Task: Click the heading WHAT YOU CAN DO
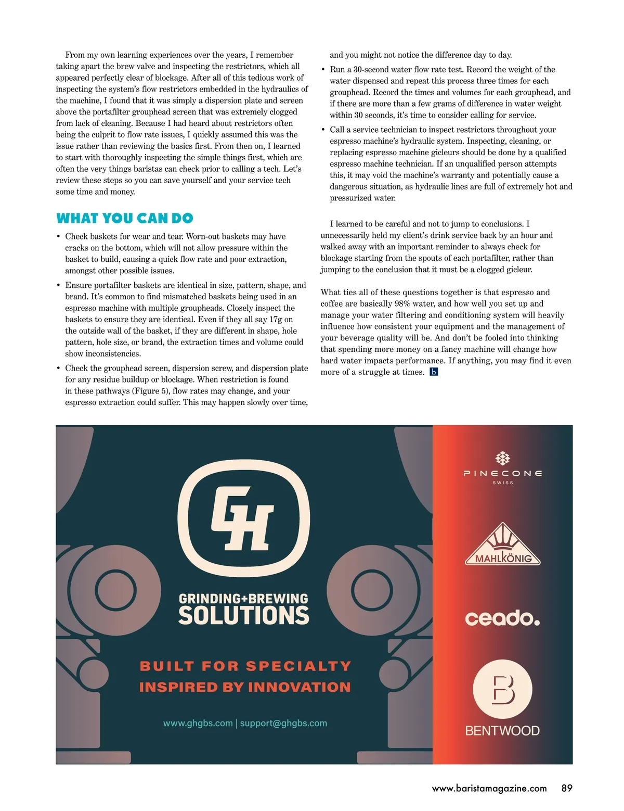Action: [125, 218]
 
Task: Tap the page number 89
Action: [567, 788]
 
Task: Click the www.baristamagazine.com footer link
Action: [489, 788]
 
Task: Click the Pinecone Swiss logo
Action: [502, 467]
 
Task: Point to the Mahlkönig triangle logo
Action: [503, 546]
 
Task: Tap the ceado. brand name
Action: [502, 618]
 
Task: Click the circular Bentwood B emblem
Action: [502, 689]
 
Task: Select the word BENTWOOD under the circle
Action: [502, 730]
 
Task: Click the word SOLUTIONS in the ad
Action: [243, 615]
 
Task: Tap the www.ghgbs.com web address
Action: [198, 723]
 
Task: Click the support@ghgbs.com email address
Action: [283, 723]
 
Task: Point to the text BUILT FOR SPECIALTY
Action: [245, 666]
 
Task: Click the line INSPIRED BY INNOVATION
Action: [245, 687]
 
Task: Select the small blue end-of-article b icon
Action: [434, 372]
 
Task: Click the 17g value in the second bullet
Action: [276, 319]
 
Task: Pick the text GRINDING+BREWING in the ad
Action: [243, 599]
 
